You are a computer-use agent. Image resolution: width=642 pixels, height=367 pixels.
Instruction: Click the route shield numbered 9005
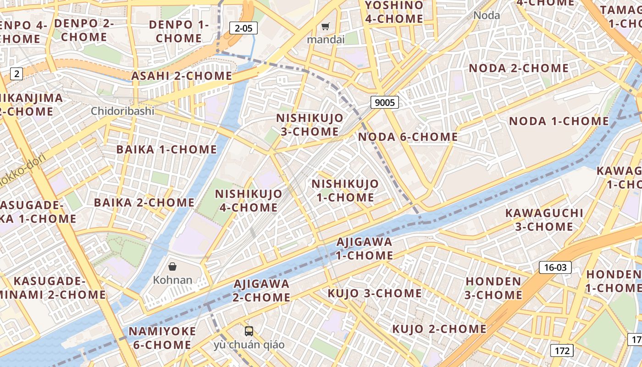384,102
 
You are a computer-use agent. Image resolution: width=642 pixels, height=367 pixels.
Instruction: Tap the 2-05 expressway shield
244,28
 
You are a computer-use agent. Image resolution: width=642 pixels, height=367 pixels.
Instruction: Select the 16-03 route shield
555,267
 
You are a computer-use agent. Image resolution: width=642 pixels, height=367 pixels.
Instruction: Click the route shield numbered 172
562,351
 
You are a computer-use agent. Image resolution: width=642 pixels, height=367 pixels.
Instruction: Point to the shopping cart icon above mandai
325,27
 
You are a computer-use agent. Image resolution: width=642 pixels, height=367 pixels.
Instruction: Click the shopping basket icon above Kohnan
172,266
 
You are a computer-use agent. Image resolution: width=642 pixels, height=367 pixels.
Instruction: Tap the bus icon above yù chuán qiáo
249,331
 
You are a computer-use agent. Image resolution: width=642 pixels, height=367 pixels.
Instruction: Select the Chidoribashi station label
122,111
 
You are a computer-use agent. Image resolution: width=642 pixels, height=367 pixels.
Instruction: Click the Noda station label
487,15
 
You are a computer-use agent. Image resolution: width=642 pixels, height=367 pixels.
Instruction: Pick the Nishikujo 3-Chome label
310,125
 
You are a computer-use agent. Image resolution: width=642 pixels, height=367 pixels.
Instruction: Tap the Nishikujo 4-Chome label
249,200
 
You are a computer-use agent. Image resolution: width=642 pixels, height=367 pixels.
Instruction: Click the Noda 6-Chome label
408,137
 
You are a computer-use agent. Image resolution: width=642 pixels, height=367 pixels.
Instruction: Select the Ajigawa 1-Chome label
365,248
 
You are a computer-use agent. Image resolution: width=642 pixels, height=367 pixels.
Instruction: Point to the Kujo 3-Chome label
374,293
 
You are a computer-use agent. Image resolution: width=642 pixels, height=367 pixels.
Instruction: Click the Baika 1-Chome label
166,149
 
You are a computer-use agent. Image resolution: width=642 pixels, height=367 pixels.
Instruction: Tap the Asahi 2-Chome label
182,76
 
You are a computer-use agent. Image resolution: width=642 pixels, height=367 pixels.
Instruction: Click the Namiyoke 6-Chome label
162,338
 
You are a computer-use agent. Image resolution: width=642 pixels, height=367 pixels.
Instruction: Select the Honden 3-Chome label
493,288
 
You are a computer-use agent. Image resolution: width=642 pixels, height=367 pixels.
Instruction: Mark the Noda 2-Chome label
518,68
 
